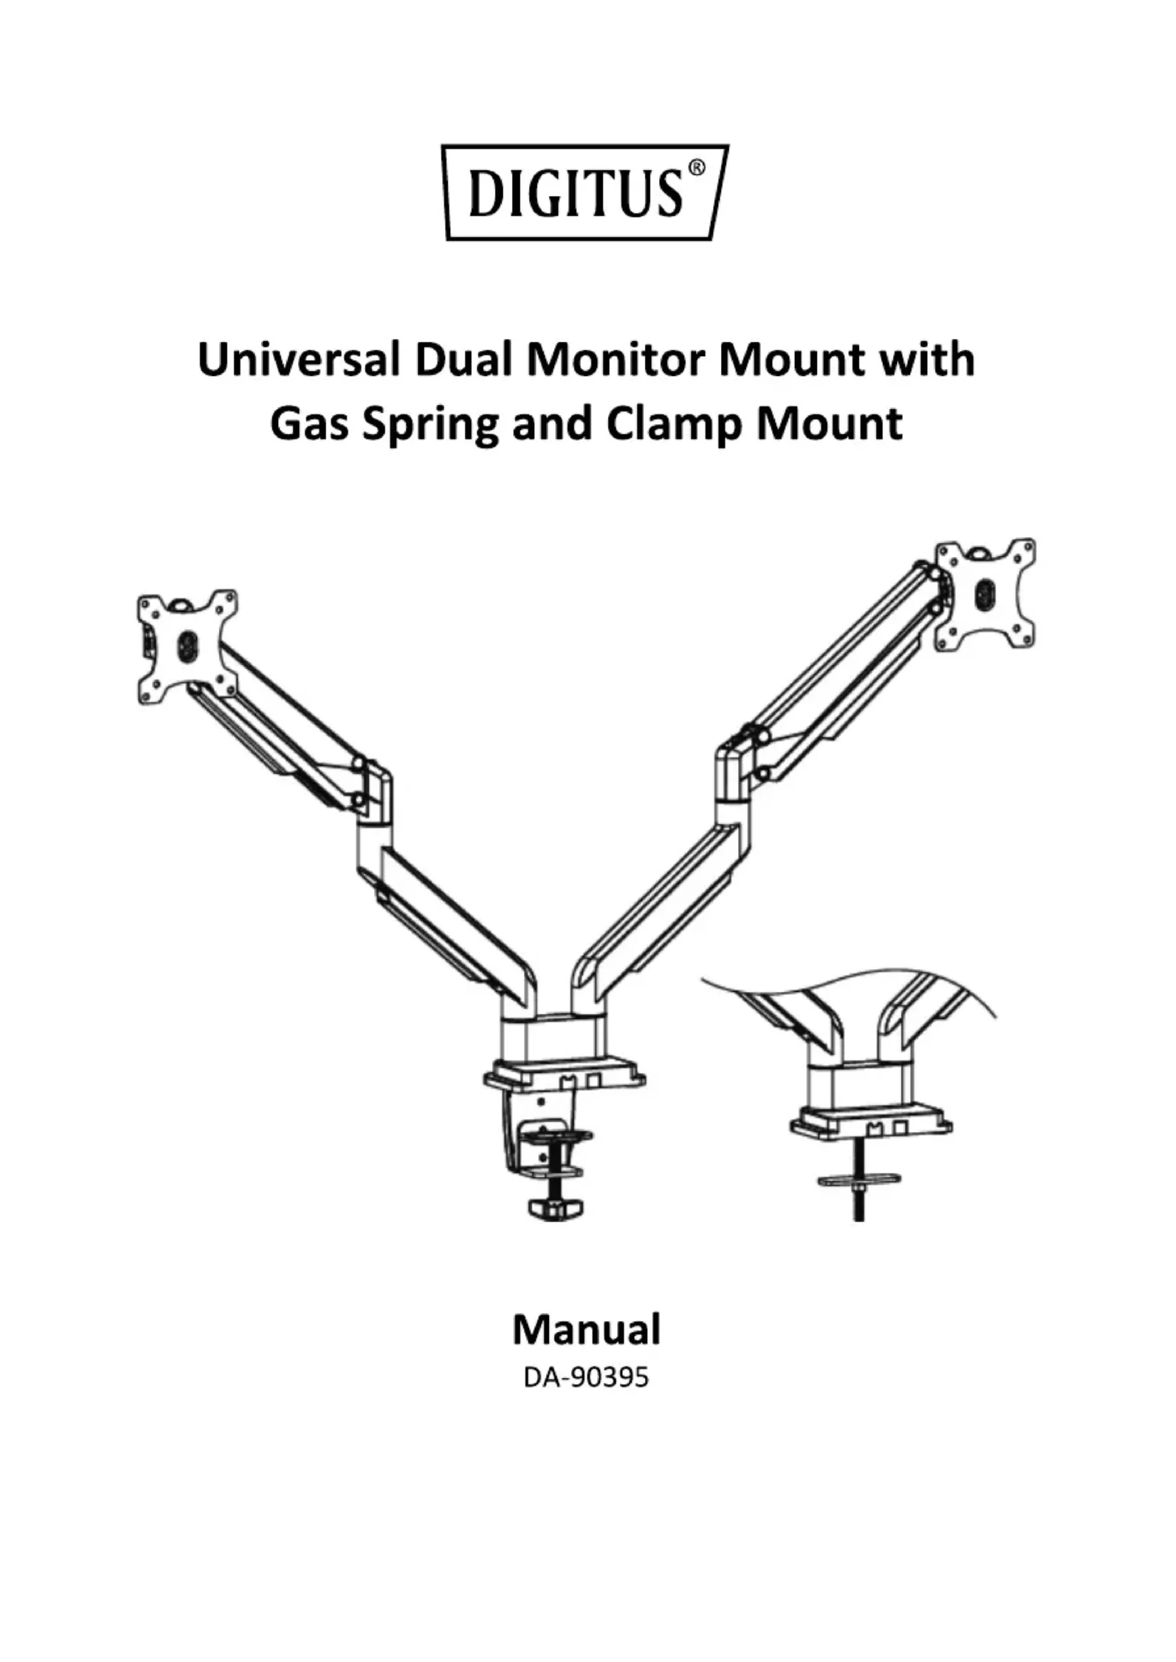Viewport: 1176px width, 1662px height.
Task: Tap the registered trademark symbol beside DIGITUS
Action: (x=695, y=168)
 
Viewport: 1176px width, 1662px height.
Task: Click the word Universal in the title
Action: (x=298, y=360)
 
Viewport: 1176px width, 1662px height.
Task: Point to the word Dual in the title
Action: (x=463, y=360)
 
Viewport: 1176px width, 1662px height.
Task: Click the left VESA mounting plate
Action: (x=188, y=646)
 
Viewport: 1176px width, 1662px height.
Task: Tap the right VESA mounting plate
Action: (x=985, y=594)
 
